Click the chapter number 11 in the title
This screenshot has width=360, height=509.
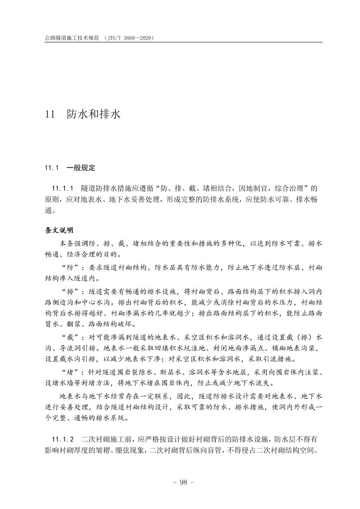click(x=50, y=115)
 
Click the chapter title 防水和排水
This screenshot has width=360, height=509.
click(x=93, y=115)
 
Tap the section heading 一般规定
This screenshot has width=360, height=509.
click(x=81, y=167)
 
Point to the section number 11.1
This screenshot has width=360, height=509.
click(x=51, y=167)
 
